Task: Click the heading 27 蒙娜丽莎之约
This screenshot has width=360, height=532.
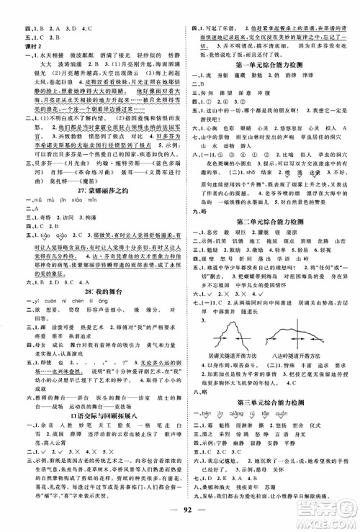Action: coord(93,204)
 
